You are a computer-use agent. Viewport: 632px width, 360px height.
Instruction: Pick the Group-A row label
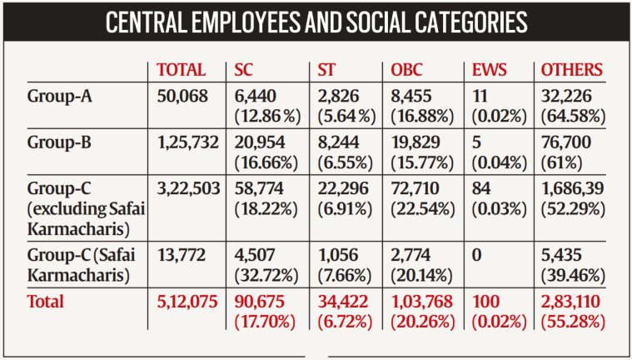click(58, 96)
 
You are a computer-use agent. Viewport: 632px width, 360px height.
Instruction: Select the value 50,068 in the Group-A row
click(181, 96)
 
